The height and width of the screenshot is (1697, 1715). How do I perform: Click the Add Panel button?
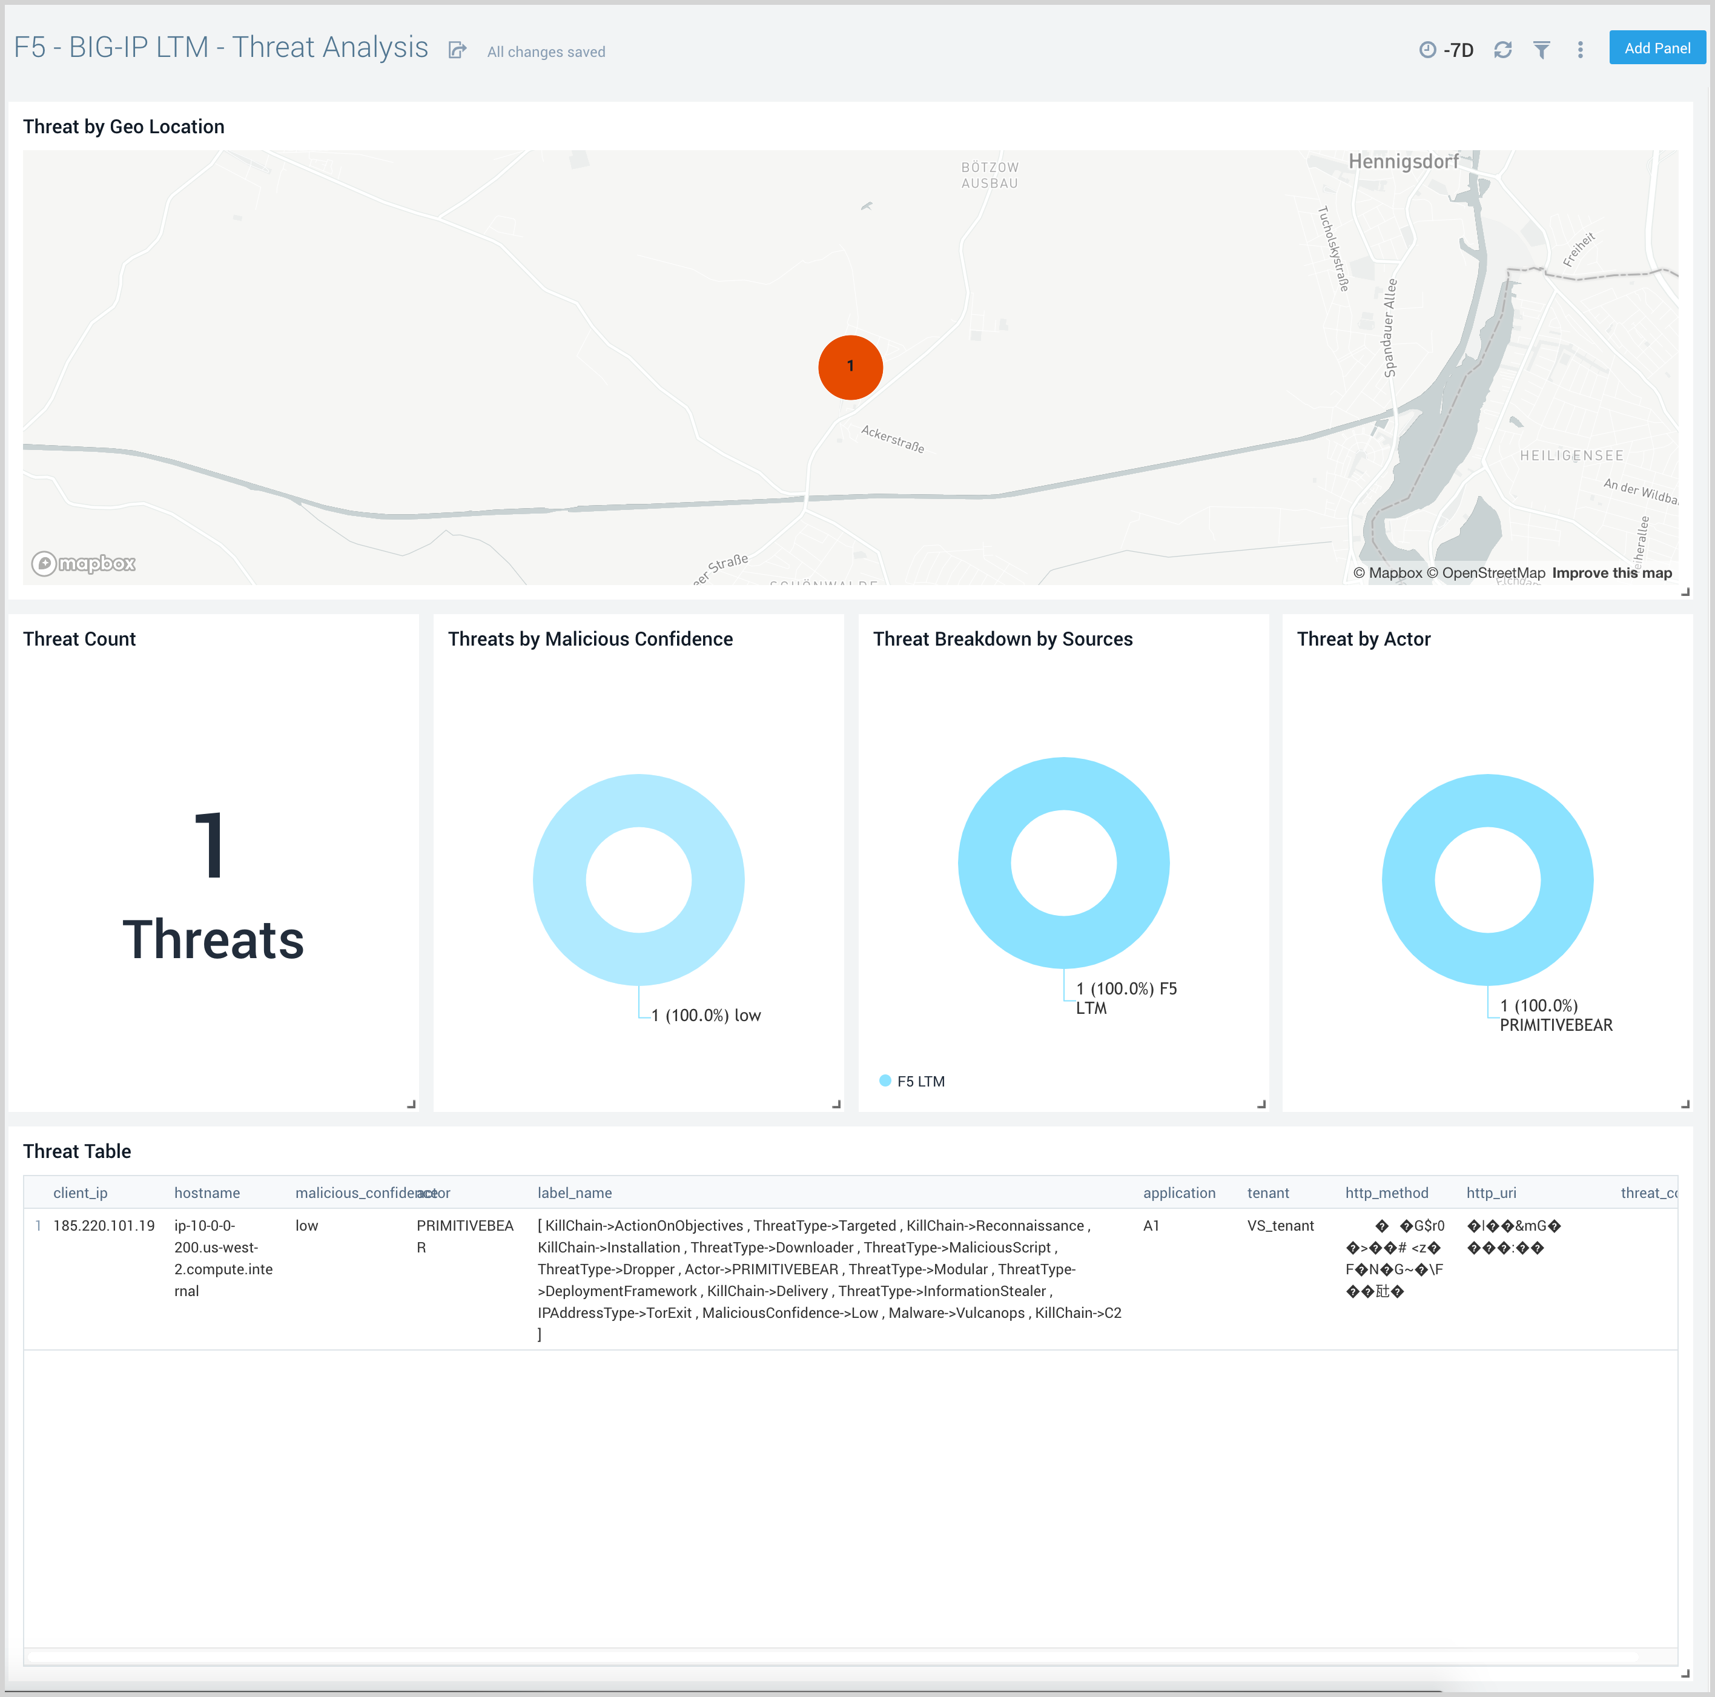pos(1656,48)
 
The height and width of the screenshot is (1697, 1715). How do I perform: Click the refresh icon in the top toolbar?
pos(1502,50)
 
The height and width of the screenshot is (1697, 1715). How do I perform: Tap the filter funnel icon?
pos(1542,50)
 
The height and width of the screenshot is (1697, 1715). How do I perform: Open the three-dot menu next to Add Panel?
pos(1580,50)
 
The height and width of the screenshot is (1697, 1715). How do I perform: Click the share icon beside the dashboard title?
pos(457,51)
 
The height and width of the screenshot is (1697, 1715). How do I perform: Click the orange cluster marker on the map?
pos(850,366)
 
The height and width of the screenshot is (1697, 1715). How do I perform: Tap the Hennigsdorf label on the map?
pos(1403,162)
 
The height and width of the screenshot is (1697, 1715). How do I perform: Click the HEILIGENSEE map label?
pos(1571,455)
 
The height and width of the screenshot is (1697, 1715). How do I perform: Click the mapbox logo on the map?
pos(84,564)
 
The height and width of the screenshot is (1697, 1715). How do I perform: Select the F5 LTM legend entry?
pos(920,1081)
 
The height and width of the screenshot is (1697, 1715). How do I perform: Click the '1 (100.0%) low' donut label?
pos(705,1016)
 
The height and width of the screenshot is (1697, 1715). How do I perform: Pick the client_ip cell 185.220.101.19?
pos(104,1226)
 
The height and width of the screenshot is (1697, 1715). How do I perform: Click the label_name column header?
pos(574,1193)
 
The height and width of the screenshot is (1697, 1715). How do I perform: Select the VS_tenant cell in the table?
pos(1280,1226)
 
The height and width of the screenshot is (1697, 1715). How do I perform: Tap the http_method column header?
pos(1387,1193)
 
